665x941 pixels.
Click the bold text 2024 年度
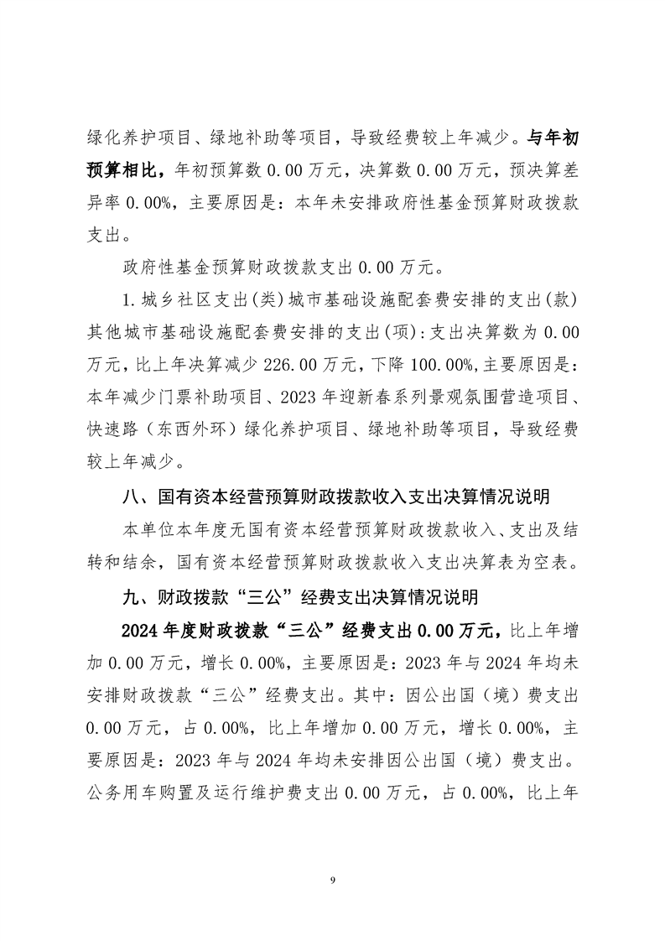pos(162,629)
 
